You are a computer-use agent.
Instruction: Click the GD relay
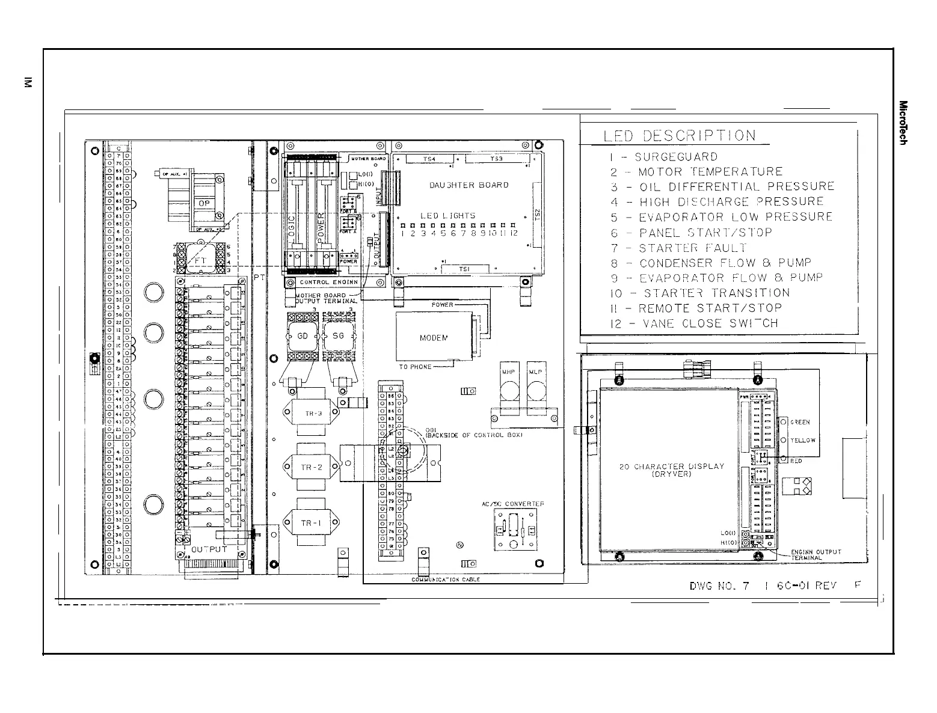[x=303, y=336]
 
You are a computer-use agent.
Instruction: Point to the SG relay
[x=338, y=336]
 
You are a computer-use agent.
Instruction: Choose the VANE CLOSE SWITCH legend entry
[x=694, y=323]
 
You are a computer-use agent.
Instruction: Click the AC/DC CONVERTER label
[x=513, y=504]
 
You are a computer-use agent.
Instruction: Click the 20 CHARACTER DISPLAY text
[x=672, y=466]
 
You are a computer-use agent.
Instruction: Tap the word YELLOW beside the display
[x=803, y=440]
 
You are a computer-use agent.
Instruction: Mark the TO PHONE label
[x=415, y=366]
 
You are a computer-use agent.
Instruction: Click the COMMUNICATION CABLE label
[x=445, y=580]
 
